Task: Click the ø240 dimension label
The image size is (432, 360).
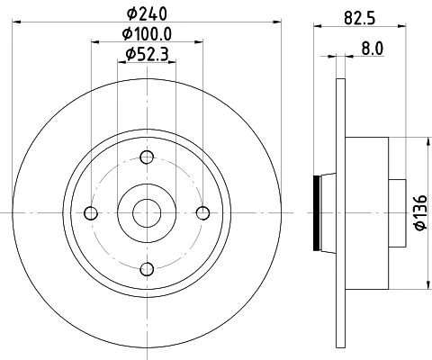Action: point(147,13)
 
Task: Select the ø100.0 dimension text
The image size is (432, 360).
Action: point(147,34)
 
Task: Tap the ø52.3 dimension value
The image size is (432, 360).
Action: point(147,54)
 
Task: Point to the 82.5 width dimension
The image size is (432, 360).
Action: point(360,18)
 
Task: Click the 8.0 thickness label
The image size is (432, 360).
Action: point(373,49)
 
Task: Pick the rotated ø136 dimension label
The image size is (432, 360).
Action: point(421,212)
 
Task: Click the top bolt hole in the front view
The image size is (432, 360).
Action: point(147,157)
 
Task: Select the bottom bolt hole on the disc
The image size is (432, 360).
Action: point(147,269)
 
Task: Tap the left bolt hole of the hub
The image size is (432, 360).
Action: point(91,213)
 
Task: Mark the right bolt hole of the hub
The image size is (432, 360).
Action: point(203,213)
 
